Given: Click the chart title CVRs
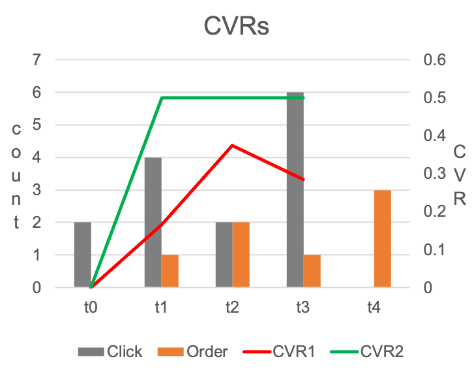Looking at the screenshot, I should (x=237, y=27).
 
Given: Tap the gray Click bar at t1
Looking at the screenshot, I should (x=153, y=222).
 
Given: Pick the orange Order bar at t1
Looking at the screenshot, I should (x=170, y=271).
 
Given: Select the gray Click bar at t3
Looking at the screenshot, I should (x=295, y=189).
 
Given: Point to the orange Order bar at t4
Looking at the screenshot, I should (x=382, y=238).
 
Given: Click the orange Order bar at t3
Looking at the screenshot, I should (x=312, y=271).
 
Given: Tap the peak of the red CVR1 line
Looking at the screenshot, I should (x=232, y=145).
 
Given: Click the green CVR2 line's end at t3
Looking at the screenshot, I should (x=303, y=98).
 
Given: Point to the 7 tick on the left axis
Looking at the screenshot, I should (x=37, y=60).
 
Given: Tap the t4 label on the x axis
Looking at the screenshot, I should (x=373, y=306).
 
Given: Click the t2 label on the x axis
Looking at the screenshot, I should (x=231, y=306).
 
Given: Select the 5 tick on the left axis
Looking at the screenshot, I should (x=37, y=125).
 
